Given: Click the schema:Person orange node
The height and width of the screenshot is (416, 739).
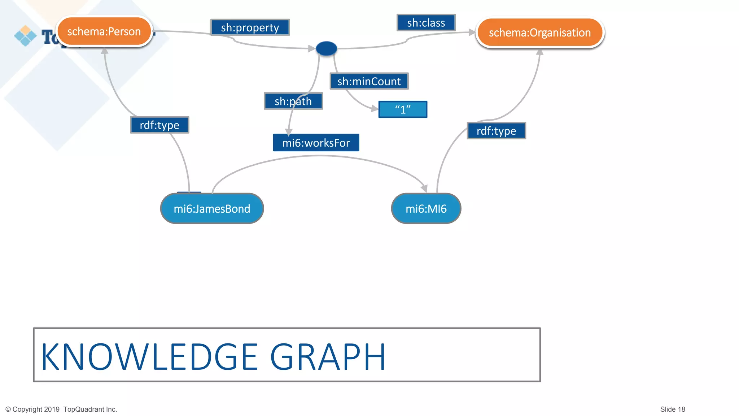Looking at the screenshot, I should tap(104, 31).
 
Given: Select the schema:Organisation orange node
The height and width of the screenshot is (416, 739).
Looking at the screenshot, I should tap(539, 33).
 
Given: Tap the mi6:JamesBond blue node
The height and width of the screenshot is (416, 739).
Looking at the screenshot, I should tap(212, 208).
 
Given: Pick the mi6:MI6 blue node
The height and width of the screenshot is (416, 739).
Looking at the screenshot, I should tap(426, 208).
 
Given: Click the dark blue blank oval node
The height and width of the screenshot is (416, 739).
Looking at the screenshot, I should tap(326, 48).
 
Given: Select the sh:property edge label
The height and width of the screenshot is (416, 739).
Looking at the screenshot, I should tap(250, 27).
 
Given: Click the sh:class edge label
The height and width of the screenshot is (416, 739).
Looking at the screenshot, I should tap(426, 23).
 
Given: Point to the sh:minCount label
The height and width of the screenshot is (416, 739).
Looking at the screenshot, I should tap(369, 81).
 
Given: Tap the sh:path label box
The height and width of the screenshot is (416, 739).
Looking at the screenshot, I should tap(293, 101).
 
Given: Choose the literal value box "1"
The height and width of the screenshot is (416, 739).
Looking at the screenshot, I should tap(403, 109).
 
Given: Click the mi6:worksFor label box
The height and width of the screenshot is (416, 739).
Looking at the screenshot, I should tap(316, 143).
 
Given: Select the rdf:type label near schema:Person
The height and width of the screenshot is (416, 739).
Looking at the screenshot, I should tap(159, 125).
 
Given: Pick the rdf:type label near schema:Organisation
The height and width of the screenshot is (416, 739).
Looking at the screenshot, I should tap(496, 131).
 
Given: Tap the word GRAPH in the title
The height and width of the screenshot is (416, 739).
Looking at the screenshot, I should tap(328, 357).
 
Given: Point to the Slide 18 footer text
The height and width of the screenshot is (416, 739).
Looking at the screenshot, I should tap(672, 409).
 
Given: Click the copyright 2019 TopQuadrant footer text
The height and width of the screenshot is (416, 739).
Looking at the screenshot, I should tap(61, 409).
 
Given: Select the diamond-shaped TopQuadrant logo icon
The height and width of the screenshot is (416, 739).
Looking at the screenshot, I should tap(25, 36).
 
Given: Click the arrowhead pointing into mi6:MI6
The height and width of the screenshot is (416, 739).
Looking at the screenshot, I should tap(425, 188).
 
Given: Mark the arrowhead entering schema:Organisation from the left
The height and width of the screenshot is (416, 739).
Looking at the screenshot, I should tap(472, 32).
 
